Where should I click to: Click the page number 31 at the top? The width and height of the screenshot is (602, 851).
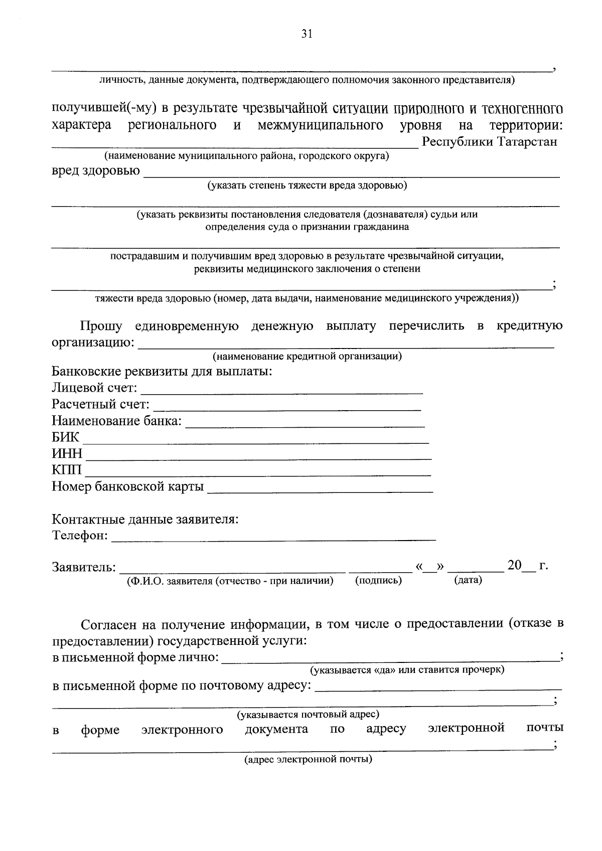click(x=307, y=34)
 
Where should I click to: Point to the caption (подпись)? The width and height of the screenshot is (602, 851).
click(x=379, y=580)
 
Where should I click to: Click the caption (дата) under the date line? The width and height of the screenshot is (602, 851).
click(x=468, y=580)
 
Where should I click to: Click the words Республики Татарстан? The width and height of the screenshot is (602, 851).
click(x=490, y=142)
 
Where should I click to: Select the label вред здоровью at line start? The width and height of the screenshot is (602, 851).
click(x=96, y=171)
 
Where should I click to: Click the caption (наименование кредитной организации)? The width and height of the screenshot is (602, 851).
click(x=307, y=357)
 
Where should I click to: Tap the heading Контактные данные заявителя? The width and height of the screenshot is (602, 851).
click(x=145, y=519)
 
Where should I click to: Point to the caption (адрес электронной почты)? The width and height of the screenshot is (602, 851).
click(x=308, y=759)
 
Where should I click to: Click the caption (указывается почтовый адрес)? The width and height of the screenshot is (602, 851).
click(x=308, y=714)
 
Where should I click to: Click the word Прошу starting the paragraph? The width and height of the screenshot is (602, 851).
click(x=102, y=326)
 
